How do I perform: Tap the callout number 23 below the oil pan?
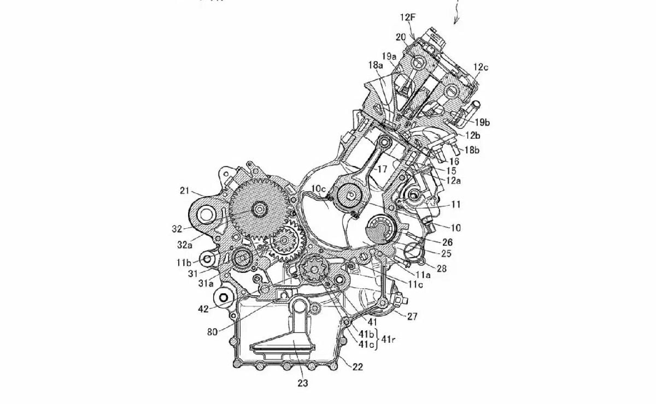tap(302, 383)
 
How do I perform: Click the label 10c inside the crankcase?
tap(319, 189)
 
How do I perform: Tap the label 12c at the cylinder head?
tap(481, 67)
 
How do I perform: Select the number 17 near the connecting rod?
tap(382, 169)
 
